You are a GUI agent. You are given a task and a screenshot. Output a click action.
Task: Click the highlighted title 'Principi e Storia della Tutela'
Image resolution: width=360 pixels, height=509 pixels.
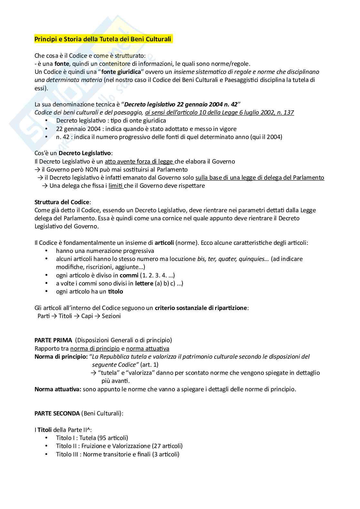pyautogui.click(x=103, y=39)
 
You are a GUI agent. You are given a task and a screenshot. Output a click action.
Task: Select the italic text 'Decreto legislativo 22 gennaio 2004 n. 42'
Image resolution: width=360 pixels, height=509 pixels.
pyautogui.click(x=181, y=105)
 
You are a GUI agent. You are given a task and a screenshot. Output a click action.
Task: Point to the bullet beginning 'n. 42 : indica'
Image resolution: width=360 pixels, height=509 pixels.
pyautogui.click(x=169, y=137)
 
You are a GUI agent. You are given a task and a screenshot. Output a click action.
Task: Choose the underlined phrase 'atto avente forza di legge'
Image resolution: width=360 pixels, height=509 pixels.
pyautogui.click(x=139, y=162)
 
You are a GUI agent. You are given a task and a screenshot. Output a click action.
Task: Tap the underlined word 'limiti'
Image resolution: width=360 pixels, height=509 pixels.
pyautogui.click(x=116, y=186)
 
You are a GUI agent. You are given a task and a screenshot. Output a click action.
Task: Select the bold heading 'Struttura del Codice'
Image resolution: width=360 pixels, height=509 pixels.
pyautogui.click(x=62, y=202)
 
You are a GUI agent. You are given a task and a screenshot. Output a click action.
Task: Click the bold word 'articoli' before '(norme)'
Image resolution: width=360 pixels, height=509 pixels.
pyautogui.click(x=164, y=243)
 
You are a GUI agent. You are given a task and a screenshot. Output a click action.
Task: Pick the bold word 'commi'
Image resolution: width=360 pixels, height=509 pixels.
pyautogui.click(x=129, y=275)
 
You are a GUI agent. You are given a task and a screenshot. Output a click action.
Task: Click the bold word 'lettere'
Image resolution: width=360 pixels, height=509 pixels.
pyautogui.click(x=144, y=284)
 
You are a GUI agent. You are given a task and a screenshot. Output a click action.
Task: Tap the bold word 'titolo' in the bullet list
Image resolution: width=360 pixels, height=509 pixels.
pyautogui.click(x=115, y=292)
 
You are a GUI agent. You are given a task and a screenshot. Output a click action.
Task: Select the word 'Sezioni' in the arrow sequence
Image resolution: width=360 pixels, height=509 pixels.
pyautogui.click(x=111, y=316)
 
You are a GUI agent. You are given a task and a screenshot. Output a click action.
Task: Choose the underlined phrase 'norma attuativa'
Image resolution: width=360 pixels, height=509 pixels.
pyautogui.click(x=147, y=349)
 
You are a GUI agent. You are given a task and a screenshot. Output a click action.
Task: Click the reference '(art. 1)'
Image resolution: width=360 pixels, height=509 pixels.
pyautogui.click(x=149, y=365)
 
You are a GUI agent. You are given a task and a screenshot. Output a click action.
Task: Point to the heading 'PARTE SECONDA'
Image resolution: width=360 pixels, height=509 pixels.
pyautogui.click(x=57, y=414)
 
